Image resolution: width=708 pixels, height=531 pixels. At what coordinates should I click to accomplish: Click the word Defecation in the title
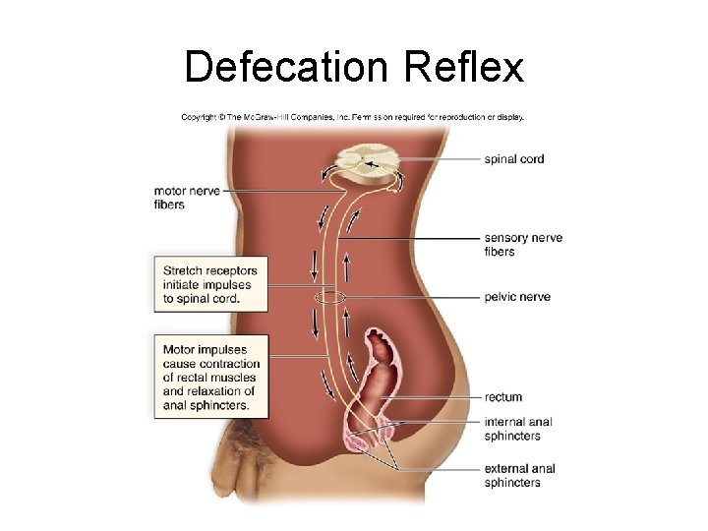pyautogui.click(x=287, y=68)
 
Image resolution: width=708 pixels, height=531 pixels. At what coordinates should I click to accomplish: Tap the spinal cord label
pyautogui.click(x=513, y=159)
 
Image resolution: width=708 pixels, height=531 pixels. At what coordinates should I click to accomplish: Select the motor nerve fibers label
pyautogui.click(x=187, y=198)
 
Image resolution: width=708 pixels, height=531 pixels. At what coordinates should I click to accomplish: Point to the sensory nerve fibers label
pyautogui.click(x=523, y=245)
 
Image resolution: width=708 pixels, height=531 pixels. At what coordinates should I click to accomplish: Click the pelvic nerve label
pyautogui.click(x=517, y=297)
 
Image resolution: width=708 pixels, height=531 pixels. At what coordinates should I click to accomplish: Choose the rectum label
pyautogui.click(x=502, y=397)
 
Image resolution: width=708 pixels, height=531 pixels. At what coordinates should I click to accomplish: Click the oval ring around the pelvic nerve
pyautogui.click(x=328, y=297)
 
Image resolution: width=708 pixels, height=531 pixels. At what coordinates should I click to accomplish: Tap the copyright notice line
pyautogui.click(x=352, y=116)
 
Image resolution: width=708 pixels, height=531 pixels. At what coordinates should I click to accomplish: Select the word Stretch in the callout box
pyautogui.click(x=182, y=270)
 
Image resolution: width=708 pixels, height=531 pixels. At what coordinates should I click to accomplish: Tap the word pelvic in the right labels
pyautogui.click(x=501, y=297)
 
